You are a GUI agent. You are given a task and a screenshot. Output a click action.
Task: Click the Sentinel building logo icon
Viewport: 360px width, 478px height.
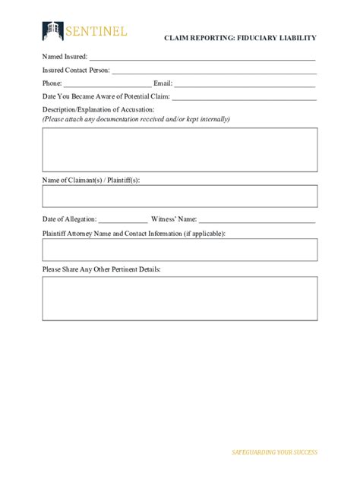pyautogui.click(x=52, y=30)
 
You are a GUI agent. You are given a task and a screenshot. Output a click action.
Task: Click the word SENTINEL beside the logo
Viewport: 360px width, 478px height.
pyautogui.click(x=96, y=31)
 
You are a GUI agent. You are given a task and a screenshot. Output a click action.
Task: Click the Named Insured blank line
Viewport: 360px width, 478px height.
pyautogui.click(x=202, y=57)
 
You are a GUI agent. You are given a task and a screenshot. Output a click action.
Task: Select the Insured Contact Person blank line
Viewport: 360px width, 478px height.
pyautogui.click(x=213, y=70)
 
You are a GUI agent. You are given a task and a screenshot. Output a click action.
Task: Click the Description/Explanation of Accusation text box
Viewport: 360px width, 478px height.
pyautogui.click(x=179, y=149)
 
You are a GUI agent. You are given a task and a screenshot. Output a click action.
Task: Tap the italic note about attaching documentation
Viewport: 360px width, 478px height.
pyautogui.click(x=136, y=119)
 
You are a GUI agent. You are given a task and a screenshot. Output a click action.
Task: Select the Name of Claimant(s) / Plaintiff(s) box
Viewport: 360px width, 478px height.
pyautogui.click(x=179, y=196)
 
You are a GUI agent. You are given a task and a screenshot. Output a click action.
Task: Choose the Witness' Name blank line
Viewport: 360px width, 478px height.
pyautogui.click(x=257, y=219)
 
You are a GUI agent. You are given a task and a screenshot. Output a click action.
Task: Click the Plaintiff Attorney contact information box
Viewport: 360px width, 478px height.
pyautogui.click(x=179, y=250)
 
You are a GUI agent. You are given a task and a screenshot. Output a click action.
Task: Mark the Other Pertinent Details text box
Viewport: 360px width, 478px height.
pyautogui.click(x=179, y=298)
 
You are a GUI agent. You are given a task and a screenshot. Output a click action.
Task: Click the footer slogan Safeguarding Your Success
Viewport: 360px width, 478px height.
pyautogui.click(x=274, y=452)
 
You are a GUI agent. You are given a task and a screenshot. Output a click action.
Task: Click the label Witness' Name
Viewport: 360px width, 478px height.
pyautogui.click(x=174, y=219)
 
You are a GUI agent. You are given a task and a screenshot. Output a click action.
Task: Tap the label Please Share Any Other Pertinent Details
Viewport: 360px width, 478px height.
pyautogui.click(x=101, y=269)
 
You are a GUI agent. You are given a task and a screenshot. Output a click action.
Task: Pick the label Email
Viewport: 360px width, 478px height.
pyautogui.click(x=163, y=83)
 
